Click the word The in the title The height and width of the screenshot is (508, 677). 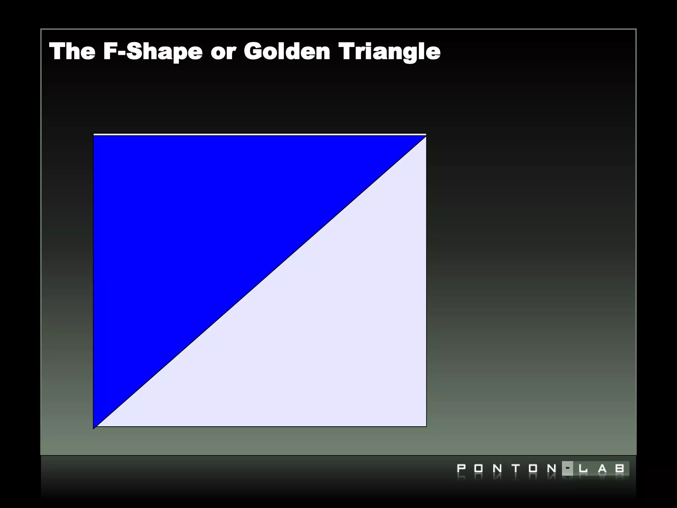tap(72, 52)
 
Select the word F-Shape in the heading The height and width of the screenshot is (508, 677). tap(153, 52)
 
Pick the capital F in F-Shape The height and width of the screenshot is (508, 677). tap(110, 52)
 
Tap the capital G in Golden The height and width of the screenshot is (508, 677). tap(254, 52)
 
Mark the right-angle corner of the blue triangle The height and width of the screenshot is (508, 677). tap(95, 137)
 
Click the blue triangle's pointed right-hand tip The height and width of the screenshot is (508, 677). tap(425, 137)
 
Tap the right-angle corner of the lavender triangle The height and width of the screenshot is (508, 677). tap(425, 426)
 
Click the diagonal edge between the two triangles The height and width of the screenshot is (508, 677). tap(260, 282)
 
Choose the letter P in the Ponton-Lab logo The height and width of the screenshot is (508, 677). tap(461, 469)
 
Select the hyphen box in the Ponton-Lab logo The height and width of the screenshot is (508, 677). tap(568, 468)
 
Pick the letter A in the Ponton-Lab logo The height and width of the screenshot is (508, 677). tap(602, 469)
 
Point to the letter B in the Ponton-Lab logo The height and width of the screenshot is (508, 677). tap(620, 469)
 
